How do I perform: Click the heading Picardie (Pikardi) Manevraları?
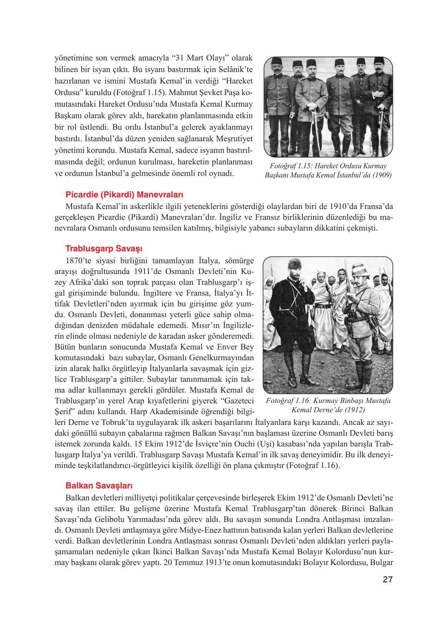124,194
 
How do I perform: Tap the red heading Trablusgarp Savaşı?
104,248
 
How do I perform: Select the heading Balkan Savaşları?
99,485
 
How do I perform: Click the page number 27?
388,579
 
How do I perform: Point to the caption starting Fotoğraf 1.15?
328,171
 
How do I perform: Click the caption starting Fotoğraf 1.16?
328,405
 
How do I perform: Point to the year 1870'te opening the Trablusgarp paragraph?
78,261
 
